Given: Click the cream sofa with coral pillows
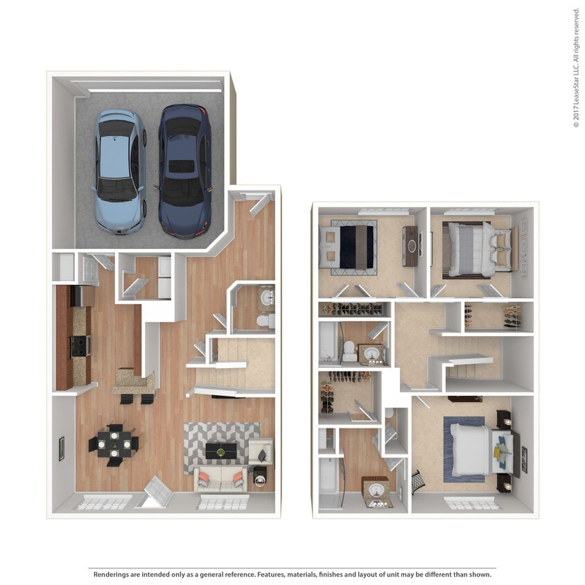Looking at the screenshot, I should point(220,478).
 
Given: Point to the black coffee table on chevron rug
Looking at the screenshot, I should point(221,452).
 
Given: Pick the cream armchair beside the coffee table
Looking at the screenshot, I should point(261,452).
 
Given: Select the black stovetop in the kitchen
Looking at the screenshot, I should point(80,344).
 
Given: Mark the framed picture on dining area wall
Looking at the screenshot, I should point(62,448).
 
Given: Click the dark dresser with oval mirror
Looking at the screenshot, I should point(410,246).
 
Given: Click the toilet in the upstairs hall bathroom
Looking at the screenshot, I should point(349,354).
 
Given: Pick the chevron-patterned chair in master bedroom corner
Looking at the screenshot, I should point(419,482).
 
